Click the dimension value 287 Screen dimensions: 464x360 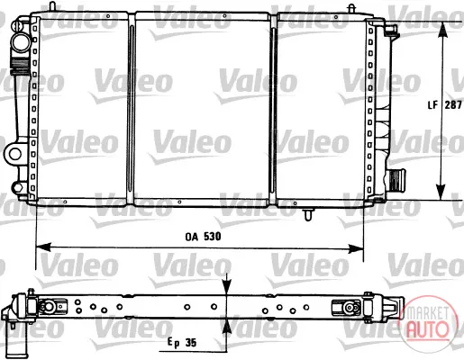453,104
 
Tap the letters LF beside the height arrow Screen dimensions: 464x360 432,105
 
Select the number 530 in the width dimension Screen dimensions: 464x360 213,237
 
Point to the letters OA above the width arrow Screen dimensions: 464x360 192,237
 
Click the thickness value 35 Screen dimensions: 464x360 191,342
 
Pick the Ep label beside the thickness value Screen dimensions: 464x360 173,343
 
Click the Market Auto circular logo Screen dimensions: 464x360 428,323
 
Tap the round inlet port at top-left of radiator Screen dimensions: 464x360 21,42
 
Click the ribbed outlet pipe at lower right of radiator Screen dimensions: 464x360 396,180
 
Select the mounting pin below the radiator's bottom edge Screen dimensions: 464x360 308,214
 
